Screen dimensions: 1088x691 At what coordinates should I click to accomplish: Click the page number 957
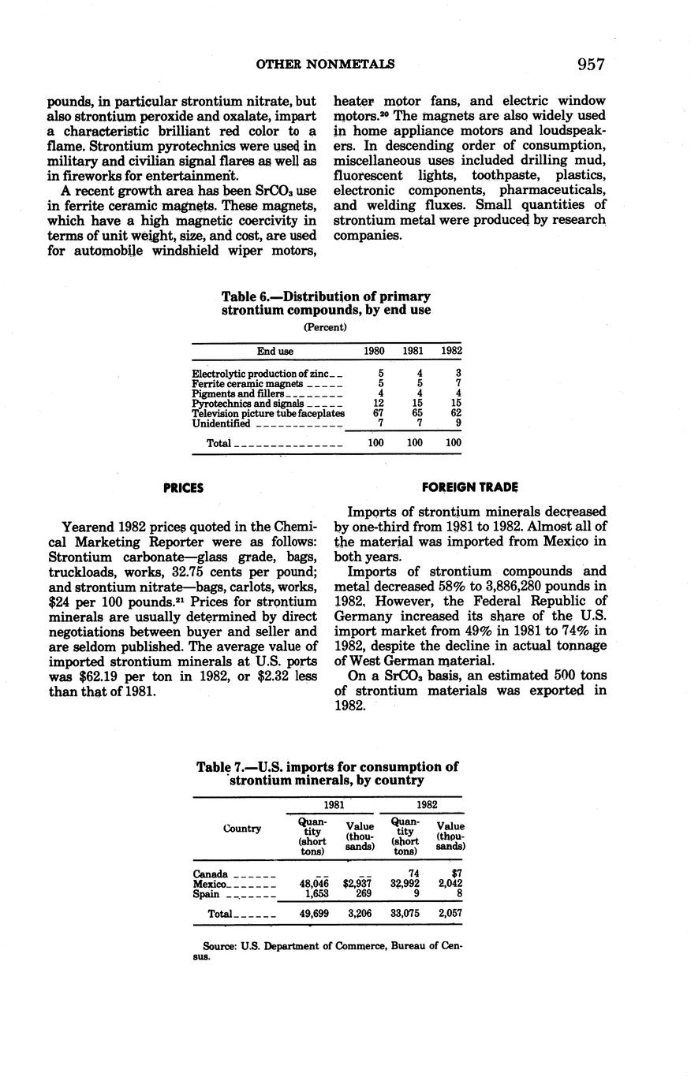[590, 64]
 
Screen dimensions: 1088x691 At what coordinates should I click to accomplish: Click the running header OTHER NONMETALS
[325, 64]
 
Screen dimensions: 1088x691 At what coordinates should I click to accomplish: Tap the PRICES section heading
[183, 488]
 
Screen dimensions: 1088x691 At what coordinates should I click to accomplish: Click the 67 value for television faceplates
[378, 413]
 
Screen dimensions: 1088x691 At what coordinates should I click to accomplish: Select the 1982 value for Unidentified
[458, 423]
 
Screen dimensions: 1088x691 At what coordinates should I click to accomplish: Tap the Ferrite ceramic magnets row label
[248, 383]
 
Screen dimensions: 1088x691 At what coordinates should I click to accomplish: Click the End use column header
[275, 351]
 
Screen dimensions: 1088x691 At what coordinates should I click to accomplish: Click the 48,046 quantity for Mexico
[313, 884]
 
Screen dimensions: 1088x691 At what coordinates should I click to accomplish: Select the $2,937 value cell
[357, 884]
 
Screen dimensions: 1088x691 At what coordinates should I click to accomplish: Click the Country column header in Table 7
[241, 829]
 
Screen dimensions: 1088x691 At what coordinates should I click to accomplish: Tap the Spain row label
[206, 894]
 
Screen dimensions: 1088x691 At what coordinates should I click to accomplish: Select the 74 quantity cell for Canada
[413, 874]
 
